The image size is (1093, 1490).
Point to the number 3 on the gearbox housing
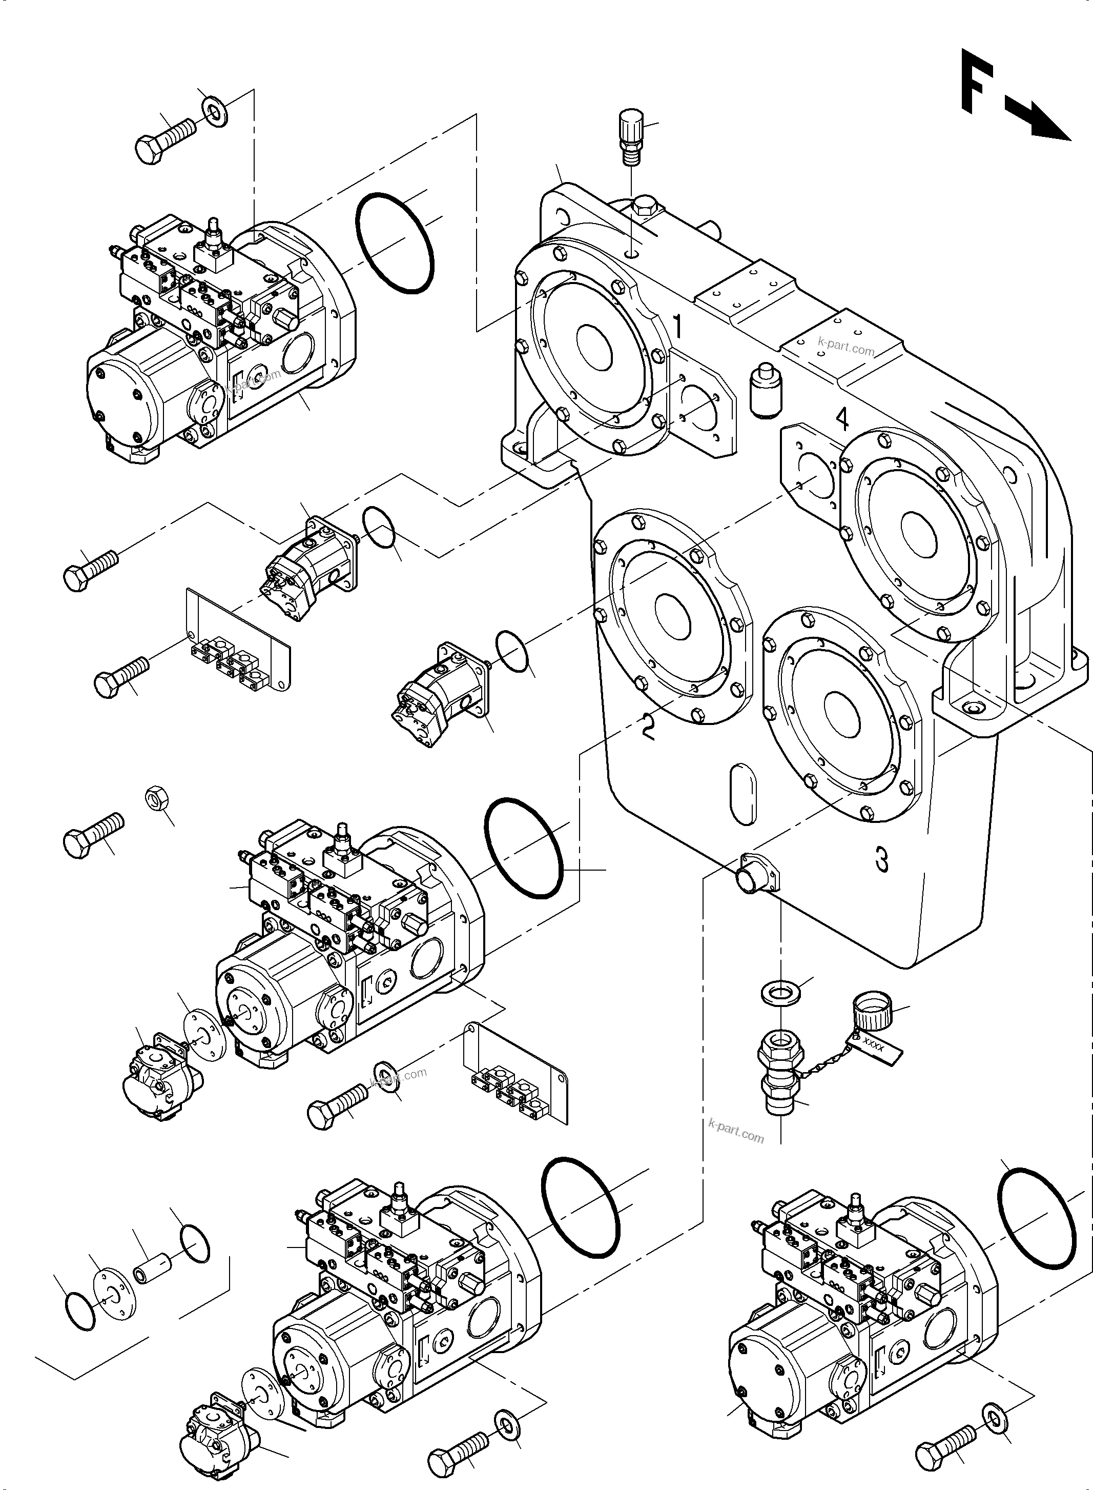(x=881, y=860)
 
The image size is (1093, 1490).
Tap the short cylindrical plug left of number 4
(x=766, y=391)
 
